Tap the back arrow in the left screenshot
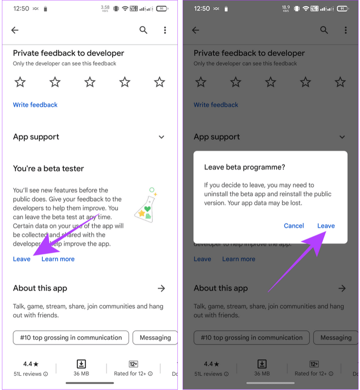click(15, 30)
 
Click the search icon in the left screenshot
click(143, 30)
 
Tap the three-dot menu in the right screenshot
click(346, 30)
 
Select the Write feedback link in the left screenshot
click(35, 105)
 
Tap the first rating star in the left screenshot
click(20, 82)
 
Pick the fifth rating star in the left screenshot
click(159, 82)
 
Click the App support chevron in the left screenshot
click(161, 137)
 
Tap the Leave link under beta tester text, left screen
click(21, 259)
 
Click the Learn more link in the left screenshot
click(58, 259)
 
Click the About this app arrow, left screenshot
click(161, 288)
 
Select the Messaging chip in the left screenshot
click(155, 338)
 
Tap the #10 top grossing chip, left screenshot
click(71, 338)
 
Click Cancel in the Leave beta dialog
click(294, 226)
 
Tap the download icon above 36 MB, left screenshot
click(81, 364)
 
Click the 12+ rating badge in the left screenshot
click(133, 364)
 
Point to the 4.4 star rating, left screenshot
click(31, 364)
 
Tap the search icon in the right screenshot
click(324, 30)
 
